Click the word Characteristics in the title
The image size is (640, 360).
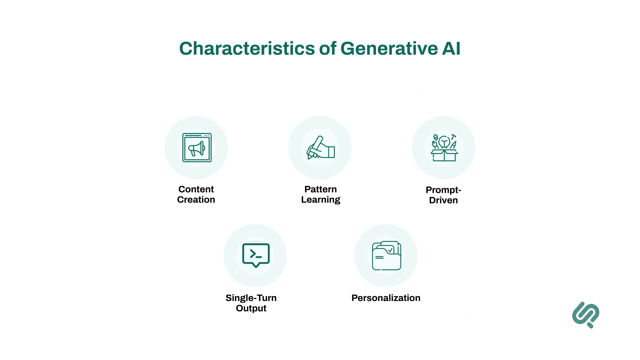(247, 49)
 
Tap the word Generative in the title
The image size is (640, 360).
(389, 49)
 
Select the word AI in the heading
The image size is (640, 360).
(451, 49)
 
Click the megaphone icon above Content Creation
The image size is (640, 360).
(197, 148)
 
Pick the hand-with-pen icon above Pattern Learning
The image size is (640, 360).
(320, 148)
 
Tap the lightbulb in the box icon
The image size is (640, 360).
(444, 142)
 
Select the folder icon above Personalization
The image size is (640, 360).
(386, 256)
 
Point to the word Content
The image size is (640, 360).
(196, 189)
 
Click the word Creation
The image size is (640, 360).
(196, 200)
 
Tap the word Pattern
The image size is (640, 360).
(320, 189)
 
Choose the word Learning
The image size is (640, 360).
(320, 200)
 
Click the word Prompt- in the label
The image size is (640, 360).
(443, 190)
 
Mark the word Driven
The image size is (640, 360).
(443, 200)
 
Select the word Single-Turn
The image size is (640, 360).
(251, 298)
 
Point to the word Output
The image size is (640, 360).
(251, 308)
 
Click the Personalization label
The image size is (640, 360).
(386, 298)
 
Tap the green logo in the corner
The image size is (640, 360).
(586, 315)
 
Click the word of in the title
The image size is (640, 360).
(328, 49)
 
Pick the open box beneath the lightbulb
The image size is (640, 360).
(444, 156)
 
